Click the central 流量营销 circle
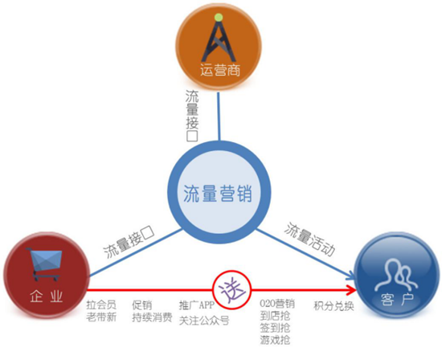tap(219, 192)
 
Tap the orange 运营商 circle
tap(219, 47)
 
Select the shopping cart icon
tap(45, 264)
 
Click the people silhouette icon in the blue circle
tap(395, 275)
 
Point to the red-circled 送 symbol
tap(231, 289)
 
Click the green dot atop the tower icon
tap(218, 18)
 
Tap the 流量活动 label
tap(309, 239)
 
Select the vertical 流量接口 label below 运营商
tap(192, 116)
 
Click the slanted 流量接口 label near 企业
tap(129, 241)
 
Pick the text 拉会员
tap(101, 305)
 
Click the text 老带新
tap(101, 317)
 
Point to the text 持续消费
tap(152, 317)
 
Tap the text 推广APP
tap(197, 305)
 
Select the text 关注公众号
tap(204, 321)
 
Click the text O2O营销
tap(277, 304)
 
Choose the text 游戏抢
tap(275, 340)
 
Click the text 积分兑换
tap(334, 306)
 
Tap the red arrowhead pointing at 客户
tap(351, 290)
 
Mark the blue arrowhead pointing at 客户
tap(351, 276)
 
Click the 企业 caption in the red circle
tap(47, 297)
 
